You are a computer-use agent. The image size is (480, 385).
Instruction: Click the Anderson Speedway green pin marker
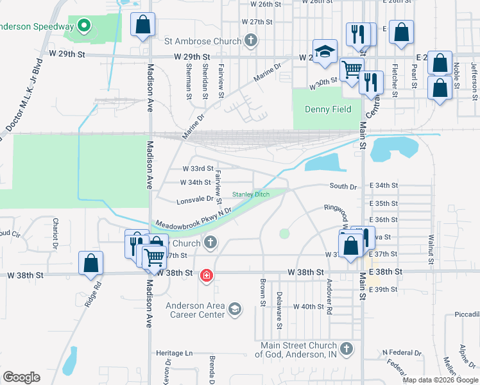click(x=83, y=27)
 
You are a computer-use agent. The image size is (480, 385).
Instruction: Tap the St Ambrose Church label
click(x=203, y=41)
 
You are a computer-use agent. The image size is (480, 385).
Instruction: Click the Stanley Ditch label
click(x=251, y=194)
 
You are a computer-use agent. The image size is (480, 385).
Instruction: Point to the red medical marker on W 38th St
click(x=207, y=275)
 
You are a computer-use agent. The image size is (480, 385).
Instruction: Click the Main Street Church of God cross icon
click(x=346, y=349)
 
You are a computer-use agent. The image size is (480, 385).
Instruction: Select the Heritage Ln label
click(x=175, y=353)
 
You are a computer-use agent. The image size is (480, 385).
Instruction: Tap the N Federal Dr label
click(x=401, y=353)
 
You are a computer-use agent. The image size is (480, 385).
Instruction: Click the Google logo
click(x=21, y=377)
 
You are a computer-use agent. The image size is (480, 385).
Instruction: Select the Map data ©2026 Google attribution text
click(x=440, y=380)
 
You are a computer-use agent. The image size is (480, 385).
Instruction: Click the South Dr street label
click(x=343, y=186)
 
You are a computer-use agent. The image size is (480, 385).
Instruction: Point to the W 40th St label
click(x=309, y=307)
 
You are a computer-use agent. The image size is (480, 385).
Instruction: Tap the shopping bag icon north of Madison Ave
click(x=143, y=26)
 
